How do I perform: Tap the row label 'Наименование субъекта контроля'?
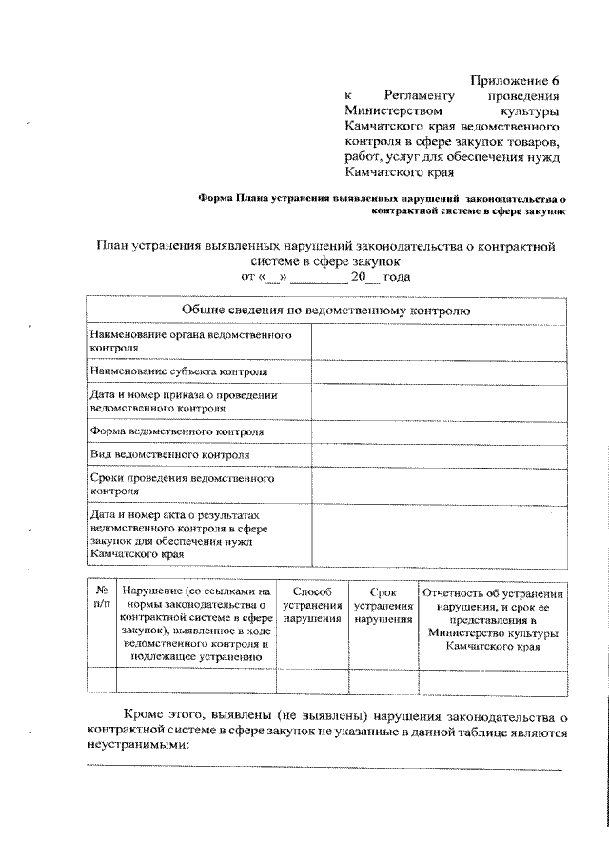[179, 371]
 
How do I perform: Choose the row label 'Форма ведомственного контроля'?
[176, 431]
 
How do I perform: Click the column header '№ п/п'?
[101, 599]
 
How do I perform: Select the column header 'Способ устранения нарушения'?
[311, 606]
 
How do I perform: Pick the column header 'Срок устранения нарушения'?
[383, 606]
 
